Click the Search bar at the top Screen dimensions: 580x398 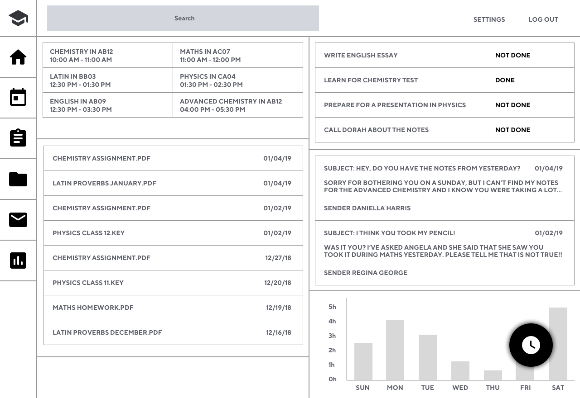pos(183,18)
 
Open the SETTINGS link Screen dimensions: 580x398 pos(489,19)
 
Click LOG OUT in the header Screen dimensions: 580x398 pos(543,19)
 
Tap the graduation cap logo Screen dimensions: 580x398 pos(19,18)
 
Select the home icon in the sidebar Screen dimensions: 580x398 pos(18,57)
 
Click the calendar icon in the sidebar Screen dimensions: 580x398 pos(18,97)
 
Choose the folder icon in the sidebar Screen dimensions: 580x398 pos(18,179)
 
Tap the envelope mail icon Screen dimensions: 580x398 pos(18,220)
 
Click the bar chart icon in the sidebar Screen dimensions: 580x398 pos(18,260)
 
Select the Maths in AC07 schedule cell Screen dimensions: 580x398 pos(238,55)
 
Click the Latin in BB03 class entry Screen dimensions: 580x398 pos(108,80)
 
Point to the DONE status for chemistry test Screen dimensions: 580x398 pos(505,80)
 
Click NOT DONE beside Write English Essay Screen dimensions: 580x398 pos(512,55)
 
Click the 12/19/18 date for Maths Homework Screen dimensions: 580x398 pos(279,308)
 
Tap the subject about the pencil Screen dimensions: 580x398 pos(389,233)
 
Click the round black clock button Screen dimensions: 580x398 pos(531,345)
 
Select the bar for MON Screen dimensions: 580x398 pos(395,350)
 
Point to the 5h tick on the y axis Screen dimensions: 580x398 pos(332,307)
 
